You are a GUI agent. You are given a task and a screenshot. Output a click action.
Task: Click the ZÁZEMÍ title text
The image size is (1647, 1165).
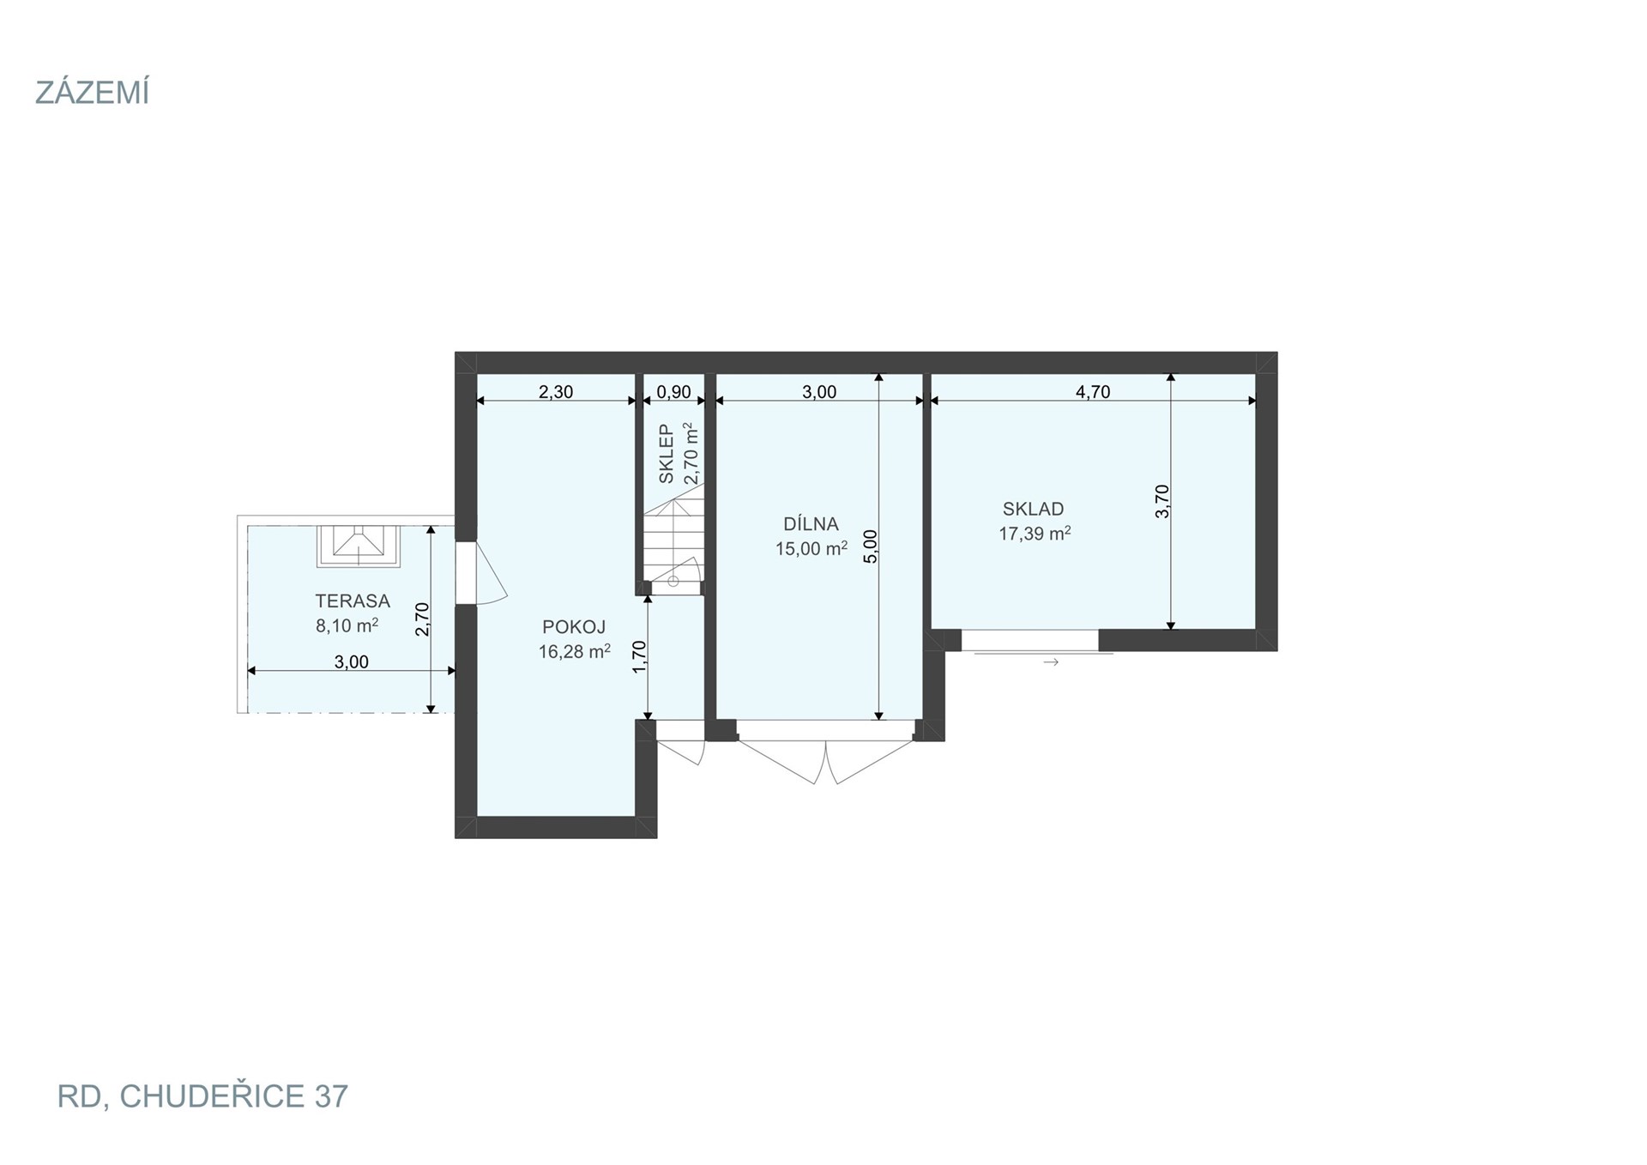[x=92, y=92]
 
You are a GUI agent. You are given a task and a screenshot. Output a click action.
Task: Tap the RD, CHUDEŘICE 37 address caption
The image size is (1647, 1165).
[x=202, y=1096]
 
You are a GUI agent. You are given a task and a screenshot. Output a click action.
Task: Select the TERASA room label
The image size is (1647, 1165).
[x=353, y=601]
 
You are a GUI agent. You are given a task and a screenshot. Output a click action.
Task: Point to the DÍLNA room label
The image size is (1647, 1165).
[x=811, y=523]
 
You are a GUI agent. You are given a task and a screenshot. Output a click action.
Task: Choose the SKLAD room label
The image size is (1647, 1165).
[x=1034, y=509]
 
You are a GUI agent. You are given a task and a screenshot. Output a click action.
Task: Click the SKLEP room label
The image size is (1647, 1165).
[x=667, y=454]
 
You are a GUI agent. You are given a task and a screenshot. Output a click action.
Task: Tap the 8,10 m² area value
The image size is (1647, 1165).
[x=347, y=625]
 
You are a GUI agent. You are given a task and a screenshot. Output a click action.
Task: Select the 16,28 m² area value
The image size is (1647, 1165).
[x=575, y=651]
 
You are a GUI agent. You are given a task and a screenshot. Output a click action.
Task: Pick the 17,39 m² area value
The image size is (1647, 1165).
[x=1035, y=533]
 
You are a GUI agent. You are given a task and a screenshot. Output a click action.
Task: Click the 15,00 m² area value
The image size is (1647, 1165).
[x=811, y=548]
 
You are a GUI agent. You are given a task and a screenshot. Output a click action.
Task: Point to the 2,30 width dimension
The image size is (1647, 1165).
[x=556, y=392]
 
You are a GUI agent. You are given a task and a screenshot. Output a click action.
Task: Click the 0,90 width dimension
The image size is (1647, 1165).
[x=673, y=392]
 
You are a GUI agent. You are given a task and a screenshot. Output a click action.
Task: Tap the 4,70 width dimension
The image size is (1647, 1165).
[x=1093, y=392]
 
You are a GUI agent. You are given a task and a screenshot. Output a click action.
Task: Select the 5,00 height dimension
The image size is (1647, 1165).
[x=870, y=546]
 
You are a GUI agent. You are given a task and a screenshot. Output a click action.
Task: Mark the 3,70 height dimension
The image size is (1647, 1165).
[x=1162, y=501]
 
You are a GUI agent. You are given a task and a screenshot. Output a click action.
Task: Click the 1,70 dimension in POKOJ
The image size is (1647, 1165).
[x=639, y=657]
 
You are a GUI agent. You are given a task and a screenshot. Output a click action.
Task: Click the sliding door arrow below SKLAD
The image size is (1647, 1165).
[x=1051, y=662]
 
